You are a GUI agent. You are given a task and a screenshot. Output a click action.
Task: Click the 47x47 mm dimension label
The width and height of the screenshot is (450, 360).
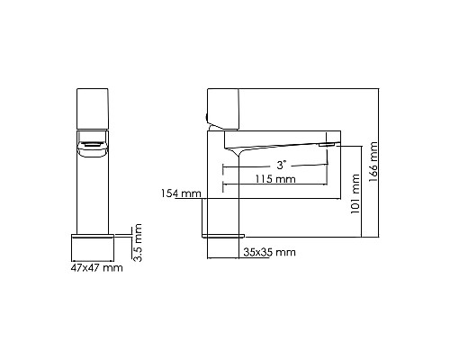(95, 267)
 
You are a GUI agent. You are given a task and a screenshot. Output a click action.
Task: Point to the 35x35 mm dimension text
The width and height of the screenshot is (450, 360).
(269, 252)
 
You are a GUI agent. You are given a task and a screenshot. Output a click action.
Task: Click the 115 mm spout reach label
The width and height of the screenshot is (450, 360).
(274, 179)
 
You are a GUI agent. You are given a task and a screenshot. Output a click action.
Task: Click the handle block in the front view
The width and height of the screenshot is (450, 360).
(94, 108)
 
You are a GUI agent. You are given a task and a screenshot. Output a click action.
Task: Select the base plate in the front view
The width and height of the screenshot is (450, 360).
(95, 245)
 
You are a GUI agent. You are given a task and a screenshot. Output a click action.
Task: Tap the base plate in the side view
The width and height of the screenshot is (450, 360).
(223, 235)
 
